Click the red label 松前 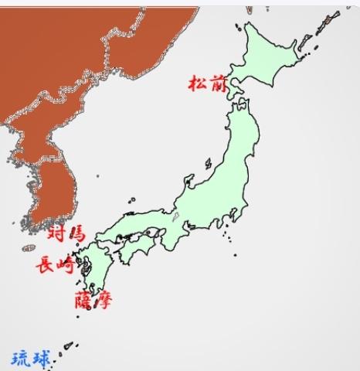[x=205, y=83]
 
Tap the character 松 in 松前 [x=196, y=83]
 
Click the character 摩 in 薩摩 [x=104, y=299]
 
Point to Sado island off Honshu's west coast [x=209, y=164]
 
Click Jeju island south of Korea [x=29, y=248]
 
